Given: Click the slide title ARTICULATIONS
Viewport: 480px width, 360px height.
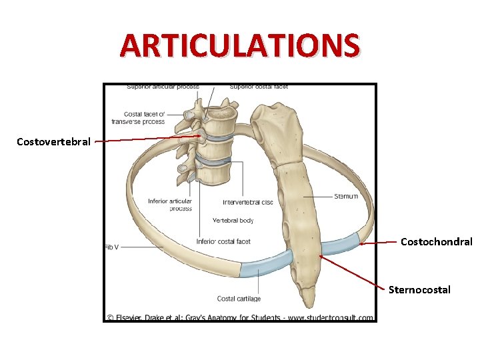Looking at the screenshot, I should point(240,45).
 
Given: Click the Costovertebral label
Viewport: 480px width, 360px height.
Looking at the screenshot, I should point(53,141).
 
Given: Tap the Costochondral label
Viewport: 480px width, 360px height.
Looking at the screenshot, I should point(436,241).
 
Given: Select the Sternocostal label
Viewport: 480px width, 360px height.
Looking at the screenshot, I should point(419,289).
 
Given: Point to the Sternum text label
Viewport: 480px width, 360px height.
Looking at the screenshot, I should point(345,196).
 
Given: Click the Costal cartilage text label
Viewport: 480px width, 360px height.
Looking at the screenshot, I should point(239,299).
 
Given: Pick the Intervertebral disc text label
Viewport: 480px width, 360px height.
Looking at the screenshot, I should point(248,202).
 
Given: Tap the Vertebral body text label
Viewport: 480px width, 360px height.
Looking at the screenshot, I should point(233,220).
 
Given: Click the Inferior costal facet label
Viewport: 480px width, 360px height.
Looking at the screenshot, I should point(223,241).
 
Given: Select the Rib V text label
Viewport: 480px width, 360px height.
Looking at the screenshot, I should point(111,247).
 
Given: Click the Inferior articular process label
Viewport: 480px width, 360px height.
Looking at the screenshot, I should point(170,205).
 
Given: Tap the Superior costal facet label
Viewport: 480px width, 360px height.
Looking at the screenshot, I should point(259,87).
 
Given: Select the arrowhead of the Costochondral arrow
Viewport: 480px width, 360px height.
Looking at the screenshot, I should point(361,245).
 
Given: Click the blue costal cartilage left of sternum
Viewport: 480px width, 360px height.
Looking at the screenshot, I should point(265,265).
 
